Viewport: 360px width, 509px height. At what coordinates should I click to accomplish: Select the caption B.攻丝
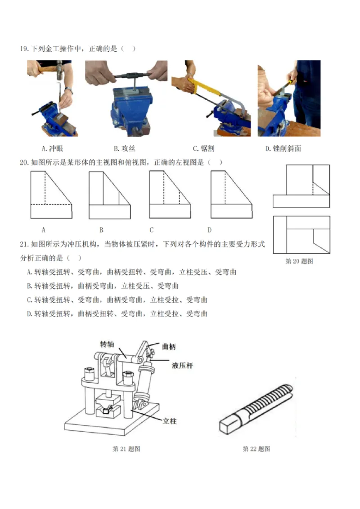point(124,149)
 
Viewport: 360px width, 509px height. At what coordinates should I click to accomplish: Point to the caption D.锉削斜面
point(283,149)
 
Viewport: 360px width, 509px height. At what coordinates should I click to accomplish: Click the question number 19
point(24,49)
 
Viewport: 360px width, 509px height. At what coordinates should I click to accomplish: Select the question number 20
point(24,162)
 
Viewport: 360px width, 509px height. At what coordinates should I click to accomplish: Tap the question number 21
point(24,244)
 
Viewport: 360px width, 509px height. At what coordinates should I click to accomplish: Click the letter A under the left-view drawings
point(44,230)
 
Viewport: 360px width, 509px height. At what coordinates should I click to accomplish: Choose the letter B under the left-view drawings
point(101,230)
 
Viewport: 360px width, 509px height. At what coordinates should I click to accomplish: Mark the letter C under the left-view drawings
point(152,230)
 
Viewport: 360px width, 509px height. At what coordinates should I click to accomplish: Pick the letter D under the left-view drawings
point(209,230)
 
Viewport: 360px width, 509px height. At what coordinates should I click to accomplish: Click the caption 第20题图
point(299,261)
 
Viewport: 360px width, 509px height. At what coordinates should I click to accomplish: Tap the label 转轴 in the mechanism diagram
point(107,344)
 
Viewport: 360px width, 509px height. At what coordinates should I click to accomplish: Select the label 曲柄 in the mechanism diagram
point(169,346)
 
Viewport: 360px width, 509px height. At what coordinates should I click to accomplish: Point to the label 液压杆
point(182,366)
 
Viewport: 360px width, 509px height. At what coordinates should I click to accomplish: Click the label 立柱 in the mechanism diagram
point(170,421)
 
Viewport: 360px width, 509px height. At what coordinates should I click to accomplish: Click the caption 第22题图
point(256,449)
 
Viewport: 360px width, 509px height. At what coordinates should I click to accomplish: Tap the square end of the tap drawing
point(228,424)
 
